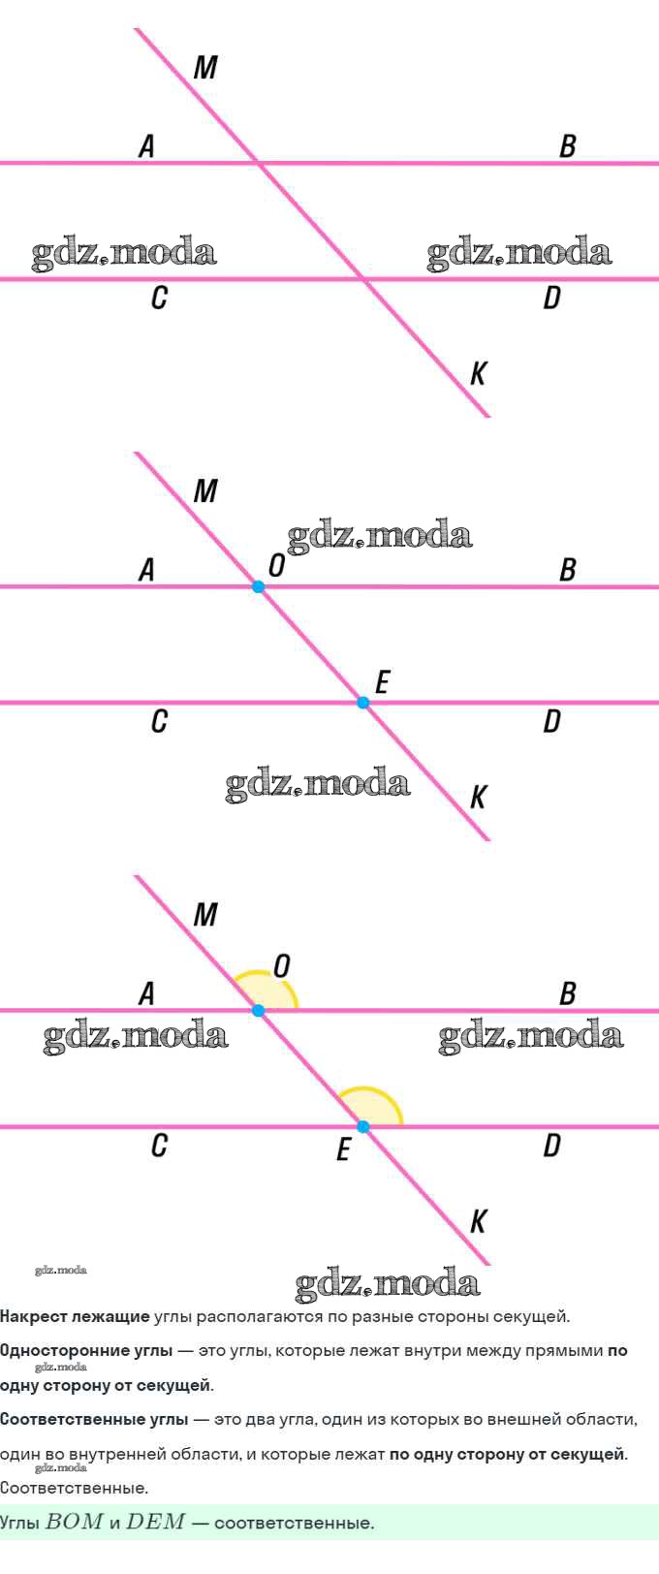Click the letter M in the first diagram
(x=205, y=68)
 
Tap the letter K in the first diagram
(x=478, y=373)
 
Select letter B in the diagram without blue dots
(x=567, y=146)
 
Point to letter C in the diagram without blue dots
(x=160, y=298)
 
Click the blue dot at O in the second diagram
(x=258, y=586)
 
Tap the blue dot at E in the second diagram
(x=362, y=702)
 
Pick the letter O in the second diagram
(x=276, y=564)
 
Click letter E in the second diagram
(x=382, y=681)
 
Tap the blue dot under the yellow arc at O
(x=258, y=1010)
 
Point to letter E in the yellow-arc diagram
(x=343, y=1150)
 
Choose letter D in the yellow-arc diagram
(x=552, y=1146)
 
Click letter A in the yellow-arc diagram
(x=146, y=994)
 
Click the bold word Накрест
(x=34, y=1316)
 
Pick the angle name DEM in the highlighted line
(x=155, y=1522)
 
